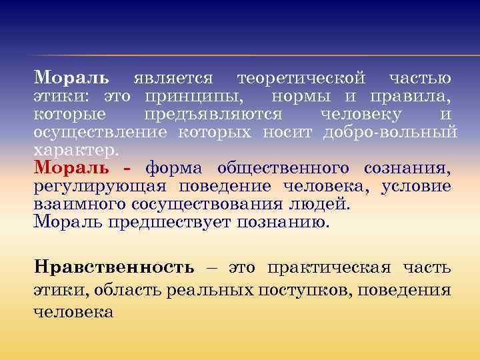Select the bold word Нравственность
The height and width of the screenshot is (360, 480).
[114, 267]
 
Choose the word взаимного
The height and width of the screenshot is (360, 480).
[76, 203]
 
